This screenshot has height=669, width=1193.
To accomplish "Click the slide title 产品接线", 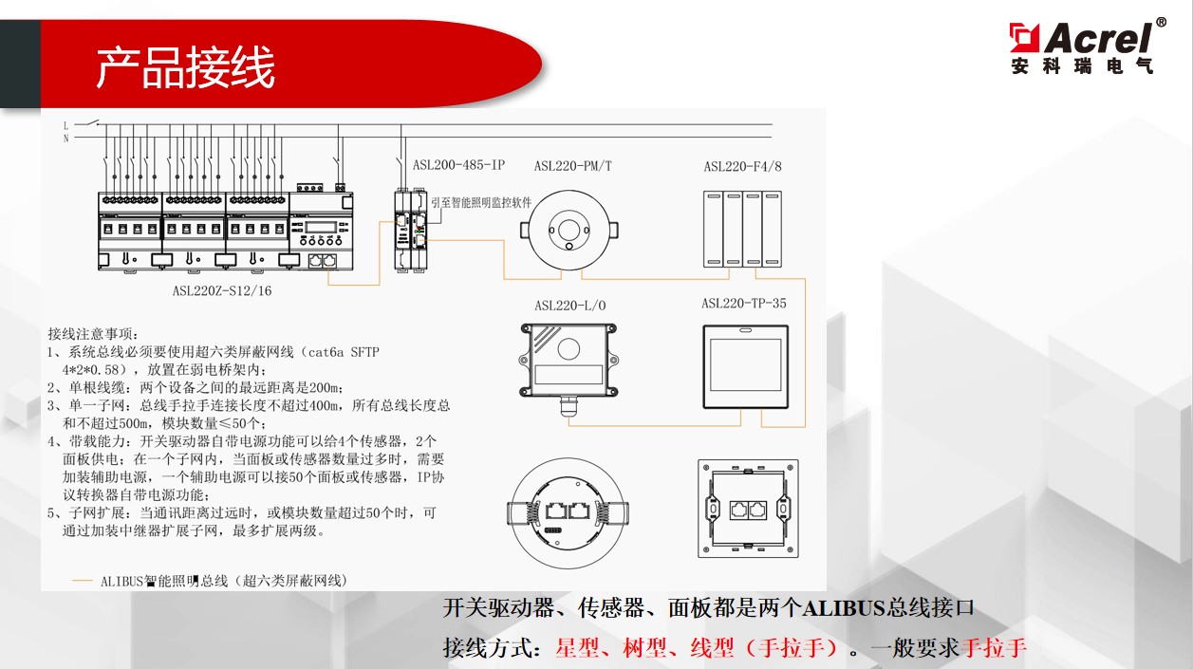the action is pyautogui.click(x=185, y=67).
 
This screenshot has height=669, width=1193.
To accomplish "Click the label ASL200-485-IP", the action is pyautogui.click(x=458, y=165).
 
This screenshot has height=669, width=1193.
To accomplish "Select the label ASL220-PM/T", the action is pyautogui.click(x=572, y=166).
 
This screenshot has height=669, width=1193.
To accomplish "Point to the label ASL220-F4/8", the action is pyautogui.click(x=742, y=166).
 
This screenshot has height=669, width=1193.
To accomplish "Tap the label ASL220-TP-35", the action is pyautogui.click(x=743, y=304).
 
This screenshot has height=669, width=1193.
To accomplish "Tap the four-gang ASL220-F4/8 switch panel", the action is pyautogui.click(x=743, y=229).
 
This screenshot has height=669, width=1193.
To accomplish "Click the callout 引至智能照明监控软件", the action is pyautogui.click(x=480, y=203).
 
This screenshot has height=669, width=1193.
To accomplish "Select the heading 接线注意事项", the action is pyautogui.click(x=93, y=334).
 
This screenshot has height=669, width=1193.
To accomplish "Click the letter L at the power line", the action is pyautogui.click(x=65, y=124).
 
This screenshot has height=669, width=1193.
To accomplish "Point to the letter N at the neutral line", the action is pyautogui.click(x=65, y=139).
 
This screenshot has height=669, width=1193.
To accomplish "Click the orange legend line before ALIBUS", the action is pyautogui.click(x=83, y=581).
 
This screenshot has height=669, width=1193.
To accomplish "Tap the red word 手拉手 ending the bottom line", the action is pyautogui.click(x=994, y=648).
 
